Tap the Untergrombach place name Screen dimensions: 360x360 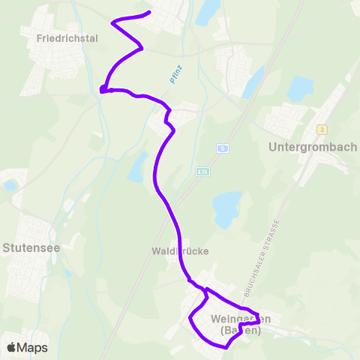[x=312, y=147]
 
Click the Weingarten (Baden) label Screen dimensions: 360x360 [x=240, y=325]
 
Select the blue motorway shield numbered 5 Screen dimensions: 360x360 [x=223, y=148]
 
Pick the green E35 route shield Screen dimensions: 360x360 [x=202, y=172]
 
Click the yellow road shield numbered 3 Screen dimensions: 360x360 [x=322, y=129]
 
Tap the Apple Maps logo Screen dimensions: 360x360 [x=28, y=347]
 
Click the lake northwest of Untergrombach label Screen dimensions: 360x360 [x=300, y=89]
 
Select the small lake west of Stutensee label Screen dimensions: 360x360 [x=11, y=184]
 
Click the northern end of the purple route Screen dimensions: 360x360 [x=150, y=12]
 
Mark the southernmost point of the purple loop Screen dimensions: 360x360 [x=225, y=347]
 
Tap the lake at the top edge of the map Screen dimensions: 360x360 [x=208, y=10]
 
